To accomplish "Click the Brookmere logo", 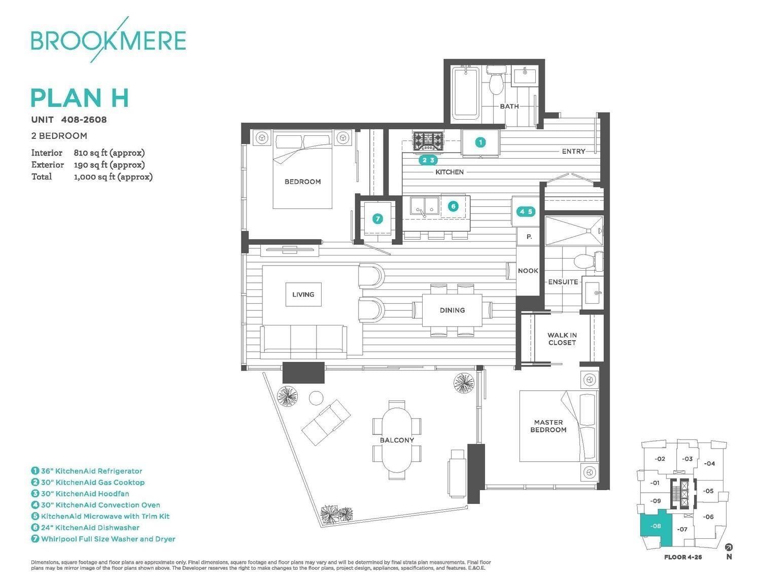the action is point(108,40).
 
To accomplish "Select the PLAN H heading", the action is point(80,98).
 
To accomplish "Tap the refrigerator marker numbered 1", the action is point(480,142).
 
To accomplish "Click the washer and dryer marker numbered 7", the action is point(377,219).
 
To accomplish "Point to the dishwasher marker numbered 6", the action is point(453,206).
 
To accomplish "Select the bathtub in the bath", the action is point(465,94).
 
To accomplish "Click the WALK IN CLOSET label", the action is point(562,339).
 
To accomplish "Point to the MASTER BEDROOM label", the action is point(548,426).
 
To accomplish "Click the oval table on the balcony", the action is point(397,440).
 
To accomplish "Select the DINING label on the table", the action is point(452,310).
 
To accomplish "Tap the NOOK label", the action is point(528,271).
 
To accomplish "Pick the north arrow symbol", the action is point(729,547).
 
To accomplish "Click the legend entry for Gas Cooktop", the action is point(88,483).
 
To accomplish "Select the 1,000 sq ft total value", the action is point(113,176).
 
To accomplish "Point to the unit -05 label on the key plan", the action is point(708,491).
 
